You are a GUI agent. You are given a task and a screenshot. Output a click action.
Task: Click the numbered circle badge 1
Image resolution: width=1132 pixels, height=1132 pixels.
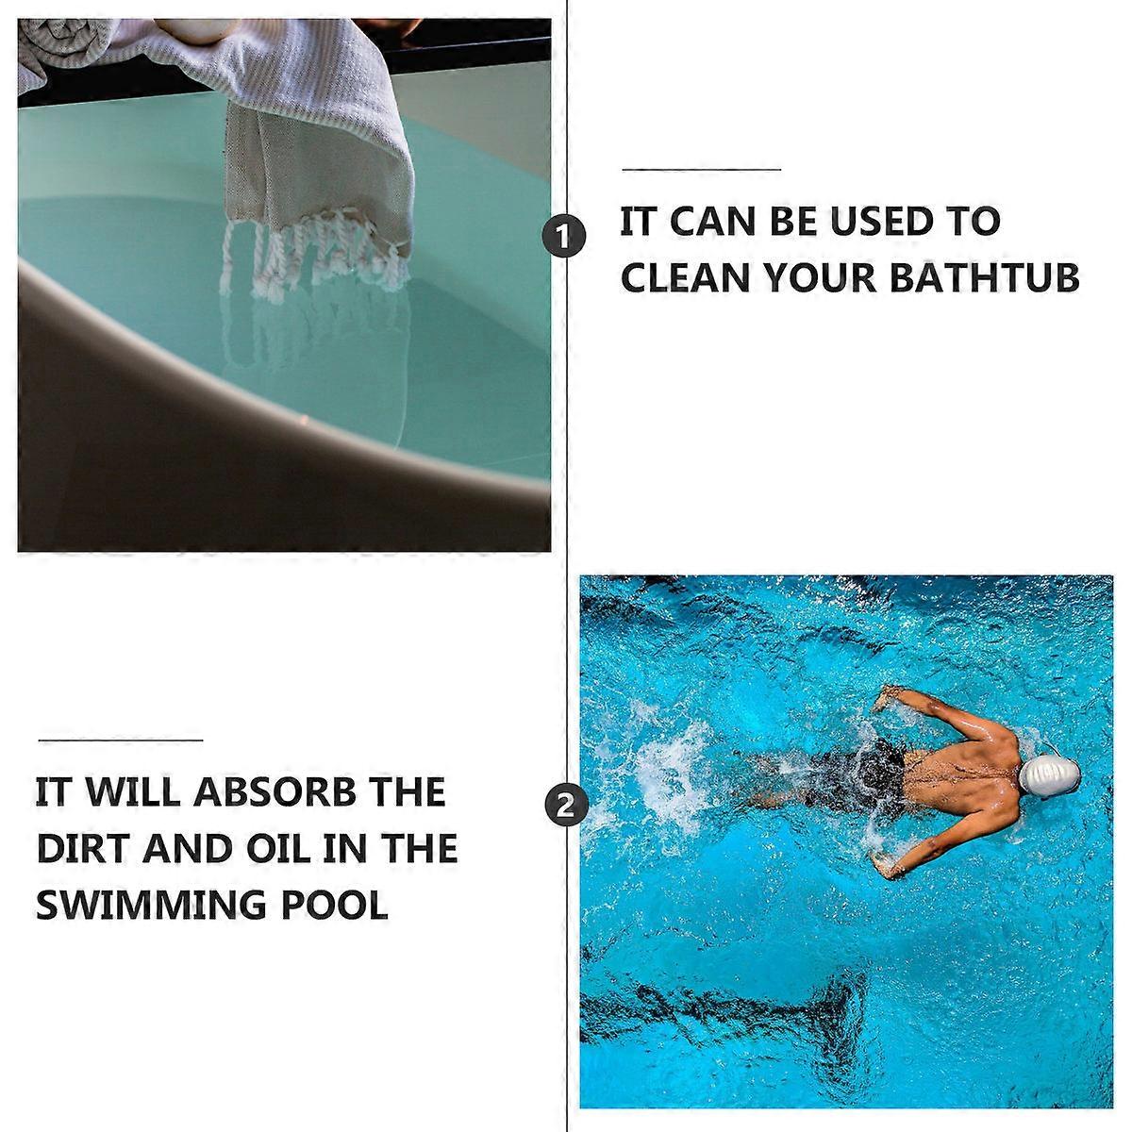563,236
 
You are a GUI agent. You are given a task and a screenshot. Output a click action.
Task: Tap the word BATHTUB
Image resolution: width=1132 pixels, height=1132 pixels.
985,277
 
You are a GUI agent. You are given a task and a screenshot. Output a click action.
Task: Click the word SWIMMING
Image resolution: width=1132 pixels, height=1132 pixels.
150,905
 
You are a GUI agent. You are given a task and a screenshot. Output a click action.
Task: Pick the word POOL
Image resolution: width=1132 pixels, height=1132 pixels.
335,905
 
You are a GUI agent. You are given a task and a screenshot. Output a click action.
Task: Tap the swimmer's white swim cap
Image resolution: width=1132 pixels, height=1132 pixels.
1049,774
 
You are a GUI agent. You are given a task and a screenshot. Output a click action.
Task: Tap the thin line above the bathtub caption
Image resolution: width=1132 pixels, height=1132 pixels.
702,170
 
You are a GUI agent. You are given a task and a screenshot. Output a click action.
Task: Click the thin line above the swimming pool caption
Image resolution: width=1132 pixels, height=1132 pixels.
121,741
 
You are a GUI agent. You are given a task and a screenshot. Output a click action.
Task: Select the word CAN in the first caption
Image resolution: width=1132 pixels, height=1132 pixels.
711,222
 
